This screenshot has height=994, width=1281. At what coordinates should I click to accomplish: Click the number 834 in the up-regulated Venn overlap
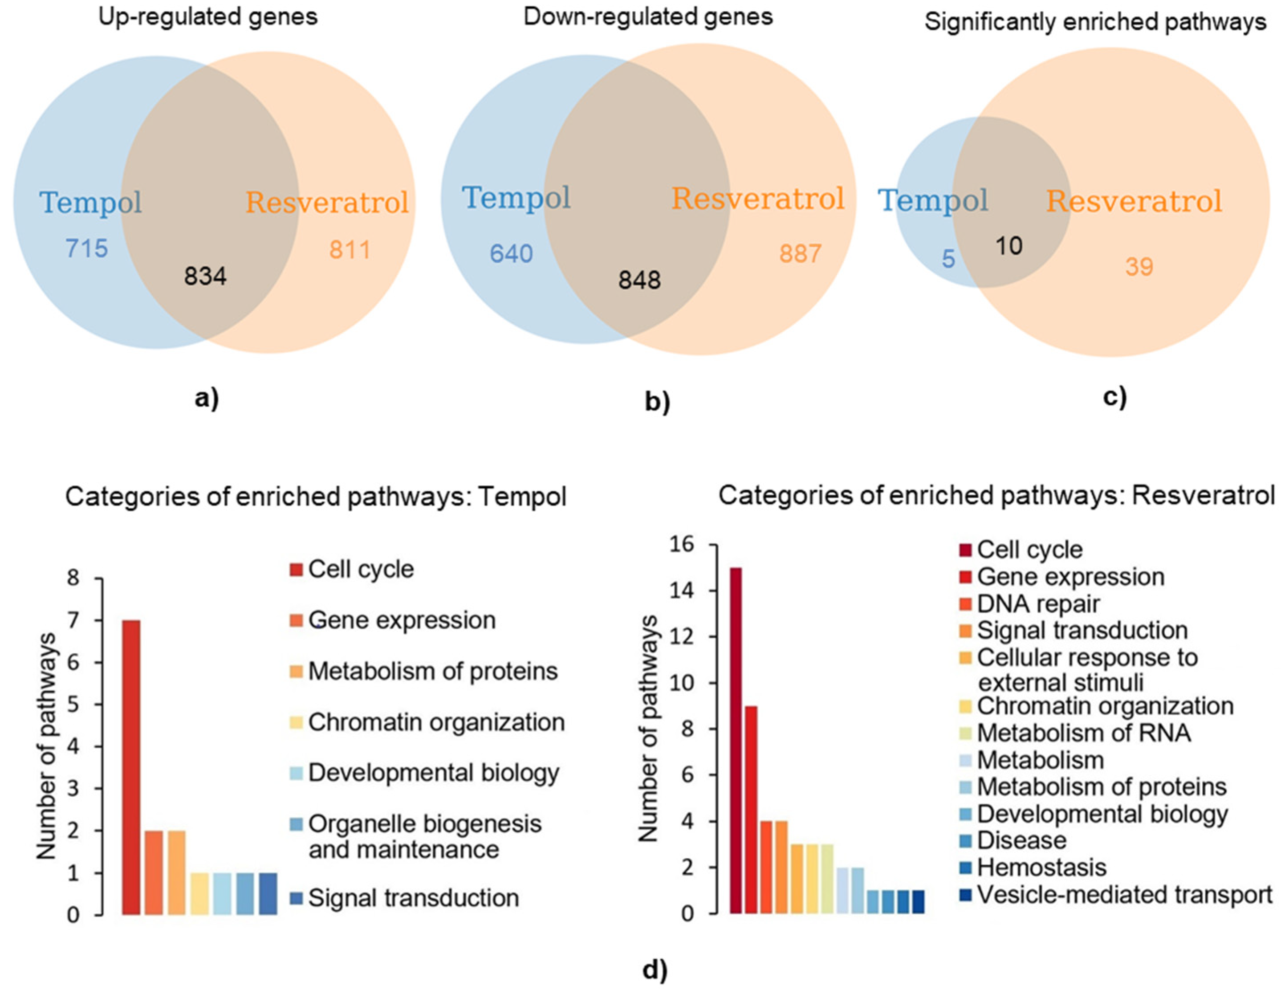(205, 276)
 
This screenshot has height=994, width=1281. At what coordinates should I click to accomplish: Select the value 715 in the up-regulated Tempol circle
(87, 248)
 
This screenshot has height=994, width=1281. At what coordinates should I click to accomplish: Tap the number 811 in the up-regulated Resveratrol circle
(350, 250)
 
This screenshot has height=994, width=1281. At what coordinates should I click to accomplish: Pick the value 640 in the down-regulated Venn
(512, 253)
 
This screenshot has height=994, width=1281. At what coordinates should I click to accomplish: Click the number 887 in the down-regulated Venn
(800, 253)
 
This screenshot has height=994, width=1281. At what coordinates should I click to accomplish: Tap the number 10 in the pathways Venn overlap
(1009, 246)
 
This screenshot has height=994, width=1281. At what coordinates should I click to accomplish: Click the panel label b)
(657, 402)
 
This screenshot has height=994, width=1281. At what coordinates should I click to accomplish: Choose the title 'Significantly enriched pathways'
(1095, 22)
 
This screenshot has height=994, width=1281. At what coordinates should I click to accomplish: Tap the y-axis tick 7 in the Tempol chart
(73, 621)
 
